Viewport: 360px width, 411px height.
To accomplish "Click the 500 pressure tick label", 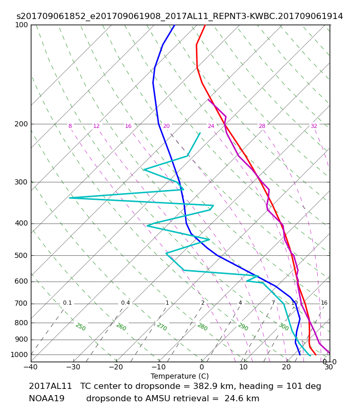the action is (21, 255).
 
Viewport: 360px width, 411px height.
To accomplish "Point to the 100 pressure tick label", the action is (21, 25).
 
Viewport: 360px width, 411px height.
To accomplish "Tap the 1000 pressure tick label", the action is (19, 354).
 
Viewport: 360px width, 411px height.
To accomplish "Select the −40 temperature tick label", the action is (31, 367).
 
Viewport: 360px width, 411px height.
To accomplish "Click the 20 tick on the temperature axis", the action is (286, 367).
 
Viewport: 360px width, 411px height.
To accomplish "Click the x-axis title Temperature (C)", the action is (179, 376).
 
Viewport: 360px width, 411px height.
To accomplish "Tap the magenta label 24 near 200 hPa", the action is (211, 126).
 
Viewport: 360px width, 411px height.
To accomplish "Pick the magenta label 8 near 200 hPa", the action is (70, 126).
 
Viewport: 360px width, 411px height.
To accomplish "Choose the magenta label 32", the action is (314, 126).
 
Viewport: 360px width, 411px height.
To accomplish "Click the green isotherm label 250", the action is (81, 327).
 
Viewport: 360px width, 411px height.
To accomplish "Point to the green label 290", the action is (243, 327).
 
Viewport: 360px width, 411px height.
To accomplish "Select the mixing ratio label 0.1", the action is (67, 303).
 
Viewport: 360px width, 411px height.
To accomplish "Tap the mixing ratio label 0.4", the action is (125, 303).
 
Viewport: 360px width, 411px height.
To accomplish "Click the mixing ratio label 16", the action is (324, 303).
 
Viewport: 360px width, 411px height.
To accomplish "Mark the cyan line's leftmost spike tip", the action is (69, 198).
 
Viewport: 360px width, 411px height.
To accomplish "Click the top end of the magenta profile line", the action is (208, 100).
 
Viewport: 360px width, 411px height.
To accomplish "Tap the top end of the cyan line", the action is (200, 133).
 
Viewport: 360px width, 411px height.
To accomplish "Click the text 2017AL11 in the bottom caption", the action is (50, 386).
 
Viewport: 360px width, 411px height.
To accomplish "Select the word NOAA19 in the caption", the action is (47, 399).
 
